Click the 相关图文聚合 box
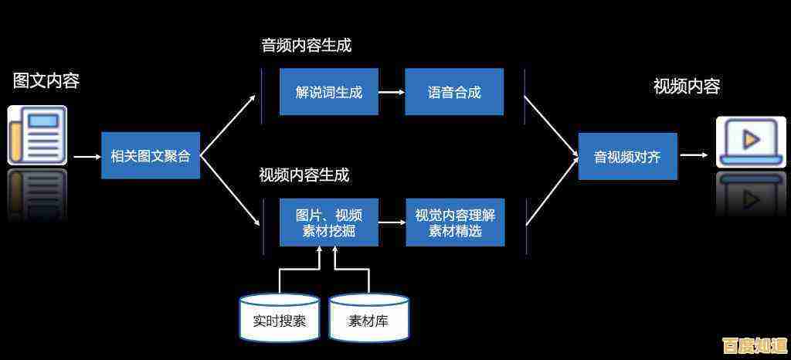pyautogui.click(x=151, y=156)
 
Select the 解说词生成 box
pyautogui.click(x=329, y=92)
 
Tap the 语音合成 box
pyautogui.click(x=454, y=92)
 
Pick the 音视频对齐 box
pyautogui.click(x=627, y=156)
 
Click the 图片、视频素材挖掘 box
pyautogui.click(x=329, y=222)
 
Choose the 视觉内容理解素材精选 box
pyautogui.click(x=455, y=222)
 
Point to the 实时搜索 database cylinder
pyautogui.click(x=280, y=318)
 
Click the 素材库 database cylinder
pyautogui.click(x=368, y=318)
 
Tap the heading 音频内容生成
pyautogui.click(x=306, y=46)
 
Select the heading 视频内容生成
pyautogui.click(x=304, y=175)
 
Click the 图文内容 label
pyautogui.click(x=46, y=80)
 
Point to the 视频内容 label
pyautogui.click(x=687, y=87)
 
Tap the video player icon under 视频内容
pyautogui.click(x=750, y=141)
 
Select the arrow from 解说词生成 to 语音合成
pyautogui.click(x=392, y=92)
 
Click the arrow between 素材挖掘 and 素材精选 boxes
pyautogui.click(x=392, y=222)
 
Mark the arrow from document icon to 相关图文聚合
pyautogui.click(x=87, y=157)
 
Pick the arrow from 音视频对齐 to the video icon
pyautogui.click(x=694, y=155)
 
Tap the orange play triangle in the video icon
pyautogui.click(x=750, y=139)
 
